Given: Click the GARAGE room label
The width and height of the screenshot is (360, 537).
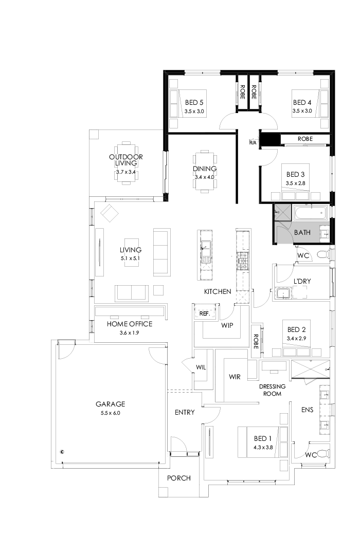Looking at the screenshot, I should (x=110, y=404).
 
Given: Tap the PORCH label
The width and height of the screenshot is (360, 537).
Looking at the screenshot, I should (x=179, y=478).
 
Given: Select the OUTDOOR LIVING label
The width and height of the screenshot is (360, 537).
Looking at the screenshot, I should (x=126, y=160).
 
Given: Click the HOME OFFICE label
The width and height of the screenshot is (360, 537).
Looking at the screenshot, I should (x=130, y=324).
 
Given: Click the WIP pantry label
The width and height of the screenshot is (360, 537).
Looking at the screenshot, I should (x=228, y=326).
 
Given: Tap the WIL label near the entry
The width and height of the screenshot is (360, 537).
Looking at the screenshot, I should (x=201, y=367).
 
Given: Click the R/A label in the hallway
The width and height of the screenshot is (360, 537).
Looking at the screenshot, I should (x=253, y=142).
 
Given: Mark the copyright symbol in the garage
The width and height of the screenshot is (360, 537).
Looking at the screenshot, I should (x=62, y=452).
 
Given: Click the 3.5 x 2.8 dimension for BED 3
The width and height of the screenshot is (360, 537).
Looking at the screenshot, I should (x=296, y=182).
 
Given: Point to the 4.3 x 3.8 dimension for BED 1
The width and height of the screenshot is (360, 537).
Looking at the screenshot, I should (x=262, y=447).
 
